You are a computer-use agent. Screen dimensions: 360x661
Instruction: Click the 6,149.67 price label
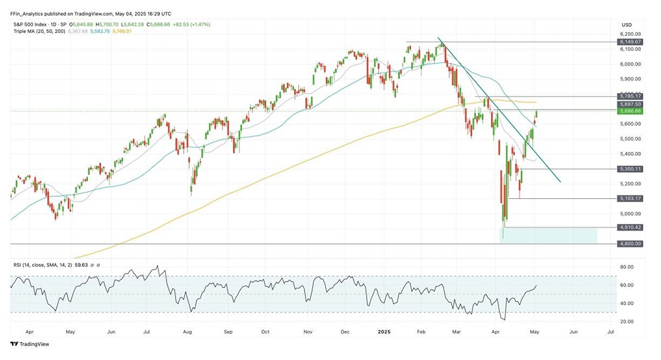tap(630, 42)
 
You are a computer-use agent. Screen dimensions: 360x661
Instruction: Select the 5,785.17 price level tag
tap(630, 96)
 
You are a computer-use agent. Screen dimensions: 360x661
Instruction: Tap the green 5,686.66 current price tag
tap(630, 112)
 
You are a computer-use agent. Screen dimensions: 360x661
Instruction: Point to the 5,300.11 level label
tap(630, 169)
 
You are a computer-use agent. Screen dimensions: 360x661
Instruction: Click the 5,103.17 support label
tap(630, 198)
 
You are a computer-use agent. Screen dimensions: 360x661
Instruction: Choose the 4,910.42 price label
tap(630, 227)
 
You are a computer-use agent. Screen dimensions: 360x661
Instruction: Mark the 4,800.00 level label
tap(630, 244)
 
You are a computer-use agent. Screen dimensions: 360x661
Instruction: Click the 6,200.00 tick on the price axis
tap(630, 34)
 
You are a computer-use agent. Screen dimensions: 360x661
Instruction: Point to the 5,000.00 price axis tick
tap(630, 213)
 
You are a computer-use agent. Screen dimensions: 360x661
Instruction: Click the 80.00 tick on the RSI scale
tap(627, 267)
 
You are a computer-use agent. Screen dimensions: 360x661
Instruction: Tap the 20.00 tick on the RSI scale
tap(627, 321)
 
